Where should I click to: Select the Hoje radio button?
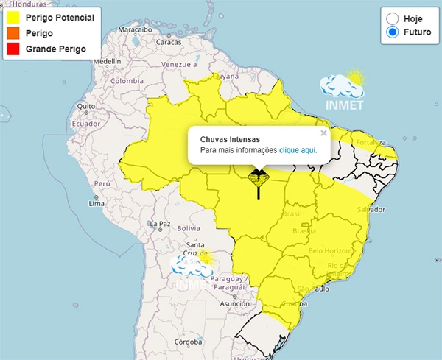click(393, 18)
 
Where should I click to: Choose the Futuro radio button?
click(393, 32)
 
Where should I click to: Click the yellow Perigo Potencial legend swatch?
click(13, 18)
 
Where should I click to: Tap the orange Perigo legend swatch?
click(13, 33)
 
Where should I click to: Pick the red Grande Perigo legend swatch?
click(13, 49)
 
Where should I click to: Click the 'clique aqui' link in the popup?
click(298, 150)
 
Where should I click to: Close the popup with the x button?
click(323, 133)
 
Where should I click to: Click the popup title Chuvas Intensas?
click(230, 138)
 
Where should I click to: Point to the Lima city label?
click(96, 203)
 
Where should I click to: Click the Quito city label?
click(85, 106)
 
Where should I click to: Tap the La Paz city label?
click(160, 224)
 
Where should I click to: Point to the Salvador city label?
click(371, 211)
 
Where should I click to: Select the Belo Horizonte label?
click(331, 251)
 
